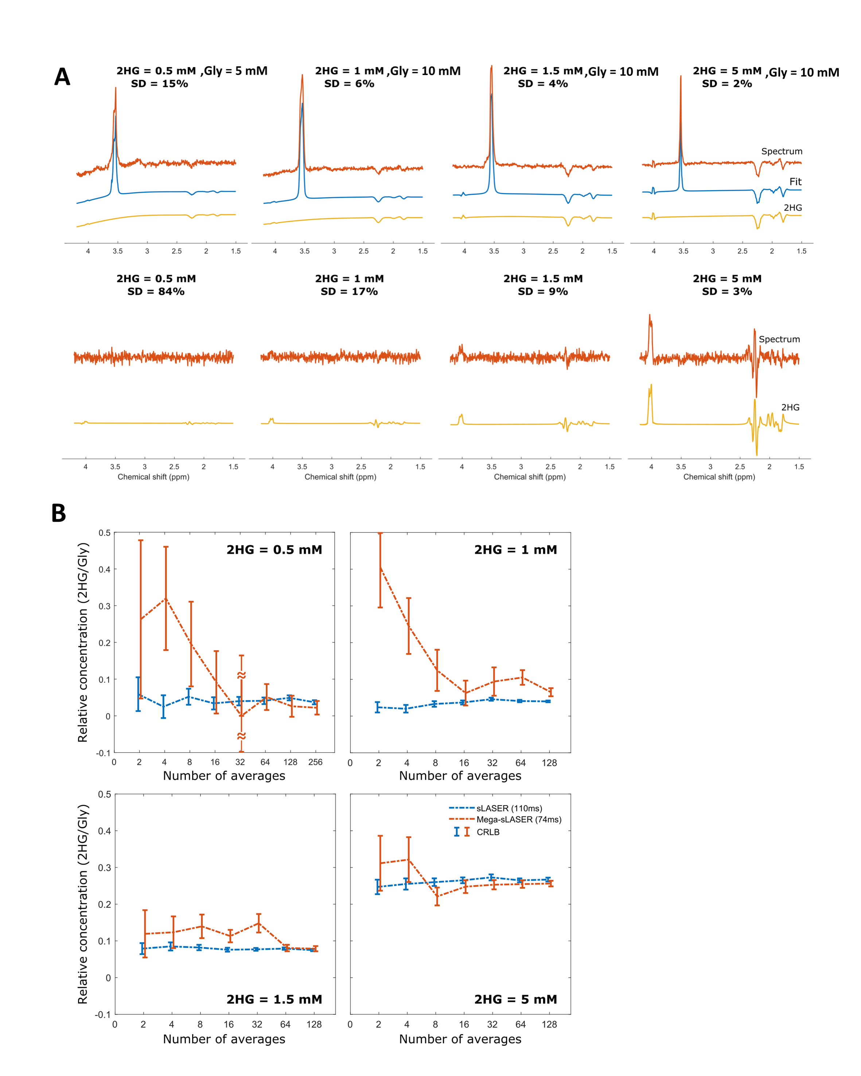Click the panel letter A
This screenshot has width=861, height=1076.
[62, 77]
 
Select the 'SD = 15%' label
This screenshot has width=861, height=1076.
[159, 84]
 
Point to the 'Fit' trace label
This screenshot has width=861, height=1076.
[795, 182]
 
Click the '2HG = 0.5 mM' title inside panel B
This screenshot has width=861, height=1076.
[274, 549]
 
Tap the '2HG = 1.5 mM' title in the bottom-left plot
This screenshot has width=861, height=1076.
[274, 999]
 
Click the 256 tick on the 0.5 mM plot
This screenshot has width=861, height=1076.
[315, 762]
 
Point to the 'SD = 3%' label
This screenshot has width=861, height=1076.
[727, 292]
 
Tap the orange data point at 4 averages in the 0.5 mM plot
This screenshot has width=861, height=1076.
[166, 598]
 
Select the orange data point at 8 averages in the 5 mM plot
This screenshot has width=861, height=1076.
[437, 896]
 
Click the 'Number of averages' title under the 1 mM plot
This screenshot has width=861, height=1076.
[460, 775]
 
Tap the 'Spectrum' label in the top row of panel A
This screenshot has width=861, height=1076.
[782, 151]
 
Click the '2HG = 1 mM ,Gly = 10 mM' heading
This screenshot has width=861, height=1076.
[387, 71]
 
